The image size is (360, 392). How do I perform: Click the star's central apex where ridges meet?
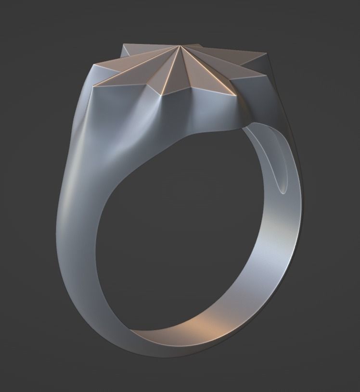coord(179,46)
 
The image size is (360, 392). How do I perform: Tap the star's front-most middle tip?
coord(167,94)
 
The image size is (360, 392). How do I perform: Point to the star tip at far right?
coord(266,54)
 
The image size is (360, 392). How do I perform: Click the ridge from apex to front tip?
coord(173,70)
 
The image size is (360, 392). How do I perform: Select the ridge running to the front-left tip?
coord(137,67)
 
